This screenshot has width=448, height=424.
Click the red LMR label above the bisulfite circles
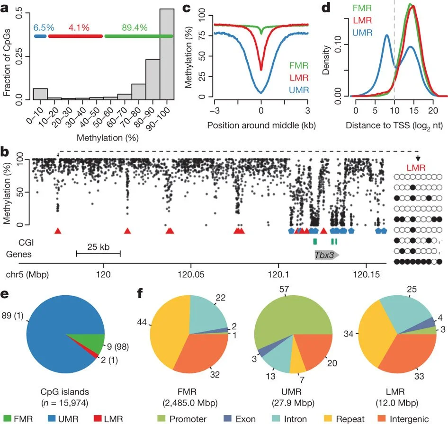point(418,167)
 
